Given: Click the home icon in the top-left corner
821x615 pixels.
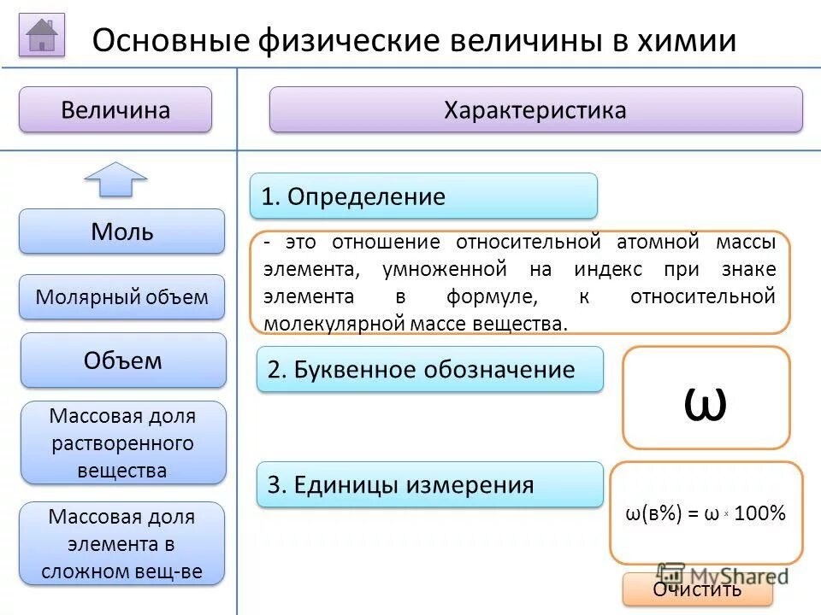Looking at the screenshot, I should pyautogui.click(x=42, y=36).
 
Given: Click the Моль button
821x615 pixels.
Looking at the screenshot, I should pyautogui.click(x=122, y=231).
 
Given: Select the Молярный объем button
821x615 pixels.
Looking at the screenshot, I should pyautogui.click(x=122, y=297).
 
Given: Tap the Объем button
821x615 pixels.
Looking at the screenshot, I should pyautogui.click(x=123, y=360).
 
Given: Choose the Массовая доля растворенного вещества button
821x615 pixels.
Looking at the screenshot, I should pyautogui.click(x=122, y=443).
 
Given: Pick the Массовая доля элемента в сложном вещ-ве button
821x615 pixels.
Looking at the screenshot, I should pyautogui.click(x=122, y=544).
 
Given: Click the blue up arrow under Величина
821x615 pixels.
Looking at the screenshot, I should pyautogui.click(x=115, y=179).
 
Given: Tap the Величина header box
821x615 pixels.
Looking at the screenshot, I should pyautogui.click(x=115, y=110).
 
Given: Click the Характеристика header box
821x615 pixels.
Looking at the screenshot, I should pyautogui.click(x=535, y=110).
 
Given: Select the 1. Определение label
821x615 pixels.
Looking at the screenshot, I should pyautogui.click(x=423, y=196).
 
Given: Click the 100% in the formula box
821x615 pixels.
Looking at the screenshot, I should pyautogui.click(x=759, y=514).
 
